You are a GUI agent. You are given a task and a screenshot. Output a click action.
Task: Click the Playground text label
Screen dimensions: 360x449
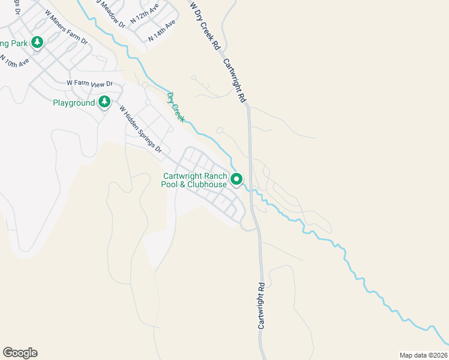click(x=74, y=103)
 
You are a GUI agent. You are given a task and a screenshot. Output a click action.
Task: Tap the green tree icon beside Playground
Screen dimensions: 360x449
click(x=104, y=102)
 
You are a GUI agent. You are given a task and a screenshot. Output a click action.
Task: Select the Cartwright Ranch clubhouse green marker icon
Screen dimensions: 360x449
click(x=237, y=179)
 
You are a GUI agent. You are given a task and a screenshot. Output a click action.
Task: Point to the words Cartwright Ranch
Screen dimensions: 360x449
click(x=195, y=176)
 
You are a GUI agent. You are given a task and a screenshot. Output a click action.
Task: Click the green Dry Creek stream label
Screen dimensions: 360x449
click(x=175, y=107)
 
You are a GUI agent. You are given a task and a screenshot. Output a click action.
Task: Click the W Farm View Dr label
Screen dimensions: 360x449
click(x=89, y=83)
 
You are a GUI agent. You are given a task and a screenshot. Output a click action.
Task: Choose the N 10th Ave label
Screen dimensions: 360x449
click(x=14, y=62)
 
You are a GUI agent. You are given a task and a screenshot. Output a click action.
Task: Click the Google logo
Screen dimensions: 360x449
click(x=20, y=353)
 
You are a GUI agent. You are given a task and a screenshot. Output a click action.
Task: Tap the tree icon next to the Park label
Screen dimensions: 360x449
click(x=37, y=43)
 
